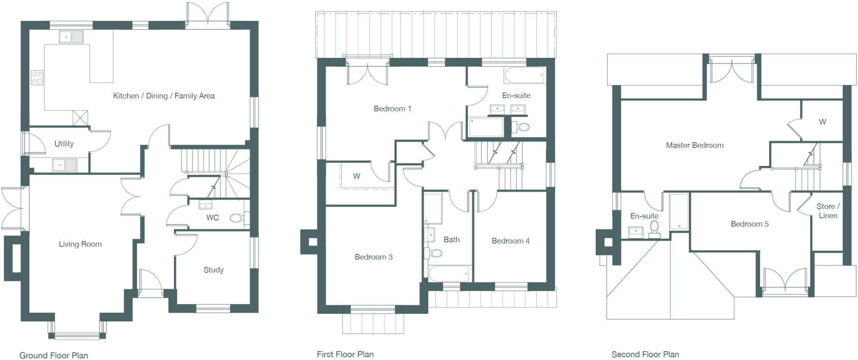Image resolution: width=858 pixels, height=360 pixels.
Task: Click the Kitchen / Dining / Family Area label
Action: [164, 96]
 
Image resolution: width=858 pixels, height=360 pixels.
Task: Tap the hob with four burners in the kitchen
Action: [37, 78]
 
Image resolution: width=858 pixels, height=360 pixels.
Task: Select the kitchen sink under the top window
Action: [71, 37]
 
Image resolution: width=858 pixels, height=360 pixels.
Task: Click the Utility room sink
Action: [65, 165]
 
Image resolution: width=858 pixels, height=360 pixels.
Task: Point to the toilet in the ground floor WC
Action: [237, 218]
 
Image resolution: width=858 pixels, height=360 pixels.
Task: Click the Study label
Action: [213, 270]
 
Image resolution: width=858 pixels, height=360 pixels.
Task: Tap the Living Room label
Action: [80, 244]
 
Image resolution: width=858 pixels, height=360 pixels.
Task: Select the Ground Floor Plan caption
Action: [54, 355]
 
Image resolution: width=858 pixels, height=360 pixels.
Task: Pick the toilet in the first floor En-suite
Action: [522, 127]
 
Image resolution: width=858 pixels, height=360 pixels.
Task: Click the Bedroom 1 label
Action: [392, 109]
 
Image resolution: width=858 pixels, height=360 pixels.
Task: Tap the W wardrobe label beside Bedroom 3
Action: [356, 176]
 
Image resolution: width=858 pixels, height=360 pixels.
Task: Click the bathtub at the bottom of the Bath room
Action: [449, 274]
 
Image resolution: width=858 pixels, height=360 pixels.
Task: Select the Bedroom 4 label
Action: [510, 241]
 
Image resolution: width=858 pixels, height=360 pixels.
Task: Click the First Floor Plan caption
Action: [345, 355]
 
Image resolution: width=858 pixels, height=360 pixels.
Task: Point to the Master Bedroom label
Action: [695, 145]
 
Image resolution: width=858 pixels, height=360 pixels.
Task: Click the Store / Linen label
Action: [828, 211]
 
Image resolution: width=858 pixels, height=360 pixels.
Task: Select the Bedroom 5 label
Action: [749, 224]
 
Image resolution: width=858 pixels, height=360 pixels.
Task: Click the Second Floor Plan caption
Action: [645, 355]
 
